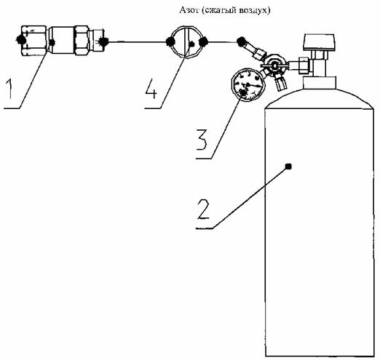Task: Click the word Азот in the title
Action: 188,10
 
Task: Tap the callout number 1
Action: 9,89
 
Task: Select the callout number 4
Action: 151,89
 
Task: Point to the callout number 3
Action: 202,140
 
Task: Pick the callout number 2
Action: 203,209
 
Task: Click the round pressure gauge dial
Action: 248,84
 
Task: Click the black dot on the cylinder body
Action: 288,167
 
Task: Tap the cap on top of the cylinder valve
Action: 319,42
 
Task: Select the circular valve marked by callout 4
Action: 186,42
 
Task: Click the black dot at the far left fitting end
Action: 20,39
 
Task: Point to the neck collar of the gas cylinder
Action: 320,82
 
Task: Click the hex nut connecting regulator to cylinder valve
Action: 304,65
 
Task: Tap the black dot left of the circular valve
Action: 170,41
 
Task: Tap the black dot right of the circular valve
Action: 203,41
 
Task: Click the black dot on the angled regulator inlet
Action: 242,41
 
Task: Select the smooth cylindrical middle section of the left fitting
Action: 61,41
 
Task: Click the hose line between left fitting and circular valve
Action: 137,42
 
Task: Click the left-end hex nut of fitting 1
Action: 33,41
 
